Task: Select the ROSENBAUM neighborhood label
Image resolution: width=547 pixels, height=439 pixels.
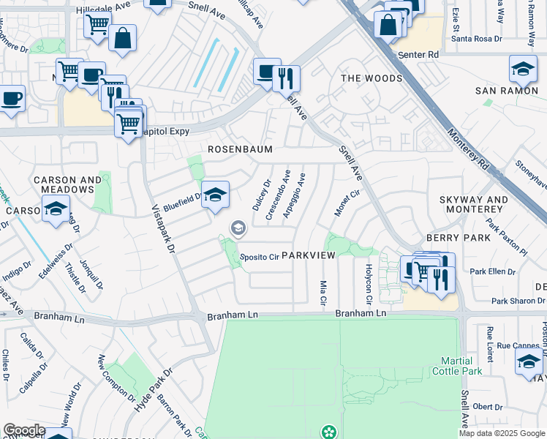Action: [240, 149]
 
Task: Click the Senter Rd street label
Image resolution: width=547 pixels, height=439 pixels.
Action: [418, 55]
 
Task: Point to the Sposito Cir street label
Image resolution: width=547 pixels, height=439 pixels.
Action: [260, 257]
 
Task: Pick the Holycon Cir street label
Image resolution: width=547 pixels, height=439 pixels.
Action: [369, 285]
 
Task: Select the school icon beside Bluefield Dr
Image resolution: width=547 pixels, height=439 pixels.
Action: [215, 195]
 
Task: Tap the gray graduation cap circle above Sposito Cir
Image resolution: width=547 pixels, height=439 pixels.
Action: [238, 229]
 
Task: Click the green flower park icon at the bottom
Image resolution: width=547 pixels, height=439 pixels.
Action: [328, 432]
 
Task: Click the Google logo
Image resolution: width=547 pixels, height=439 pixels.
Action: [23, 430]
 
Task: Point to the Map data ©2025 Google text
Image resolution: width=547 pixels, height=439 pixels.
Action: [501, 433]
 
